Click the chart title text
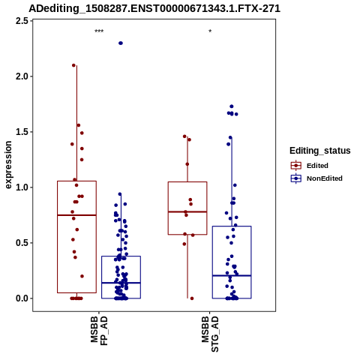(154, 8)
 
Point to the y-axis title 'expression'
(8, 165)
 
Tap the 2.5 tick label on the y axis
(22, 21)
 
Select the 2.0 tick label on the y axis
(22, 76)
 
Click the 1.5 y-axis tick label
(22, 132)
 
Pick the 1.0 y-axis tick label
(22, 187)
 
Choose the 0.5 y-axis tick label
(22, 243)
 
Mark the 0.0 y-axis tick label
(22, 298)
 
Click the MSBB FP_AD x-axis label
(99, 331)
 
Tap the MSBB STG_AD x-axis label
(210, 334)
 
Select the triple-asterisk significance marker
(99, 31)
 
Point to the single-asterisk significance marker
(210, 31)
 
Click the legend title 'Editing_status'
(320, 151)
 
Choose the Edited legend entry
(310, 166)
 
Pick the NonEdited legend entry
(316, 178)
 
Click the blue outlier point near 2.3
(121, 43)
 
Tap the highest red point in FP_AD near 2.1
(73, 65)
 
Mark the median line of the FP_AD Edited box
(76, 215)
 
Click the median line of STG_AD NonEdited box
(232, 275)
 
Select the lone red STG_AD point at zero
(192, 298)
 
